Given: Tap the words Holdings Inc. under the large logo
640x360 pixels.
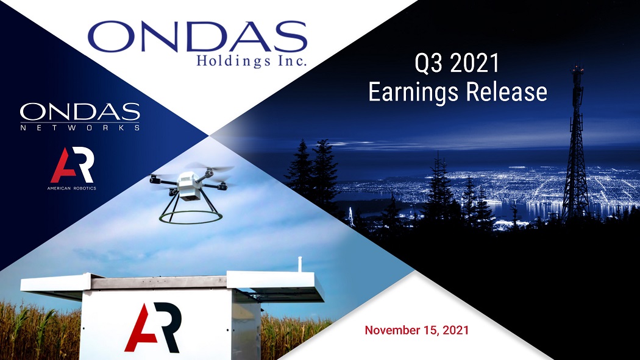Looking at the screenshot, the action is point(251,61).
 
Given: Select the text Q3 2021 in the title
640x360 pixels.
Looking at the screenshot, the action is point(457,63).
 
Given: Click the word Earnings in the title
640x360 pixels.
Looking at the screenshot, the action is point(413,92).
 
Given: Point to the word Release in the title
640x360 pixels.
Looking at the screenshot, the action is point(507,91).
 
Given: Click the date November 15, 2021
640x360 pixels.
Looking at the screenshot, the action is point(417,330).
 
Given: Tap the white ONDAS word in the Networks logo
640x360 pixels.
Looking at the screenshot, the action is point(80,112).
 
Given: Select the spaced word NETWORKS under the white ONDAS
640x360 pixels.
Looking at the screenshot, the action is point(80,127).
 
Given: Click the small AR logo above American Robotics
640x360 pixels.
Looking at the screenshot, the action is point(72,165).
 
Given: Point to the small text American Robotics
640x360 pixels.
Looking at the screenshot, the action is point(72,188).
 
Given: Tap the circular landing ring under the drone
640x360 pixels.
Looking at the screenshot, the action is point(191,222).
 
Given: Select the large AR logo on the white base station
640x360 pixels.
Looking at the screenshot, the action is point(152,327).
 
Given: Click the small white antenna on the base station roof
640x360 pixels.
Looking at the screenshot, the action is point(300,264).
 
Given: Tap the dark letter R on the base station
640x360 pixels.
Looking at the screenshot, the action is point(168,327).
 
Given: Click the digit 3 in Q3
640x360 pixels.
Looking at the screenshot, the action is point(436,63).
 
